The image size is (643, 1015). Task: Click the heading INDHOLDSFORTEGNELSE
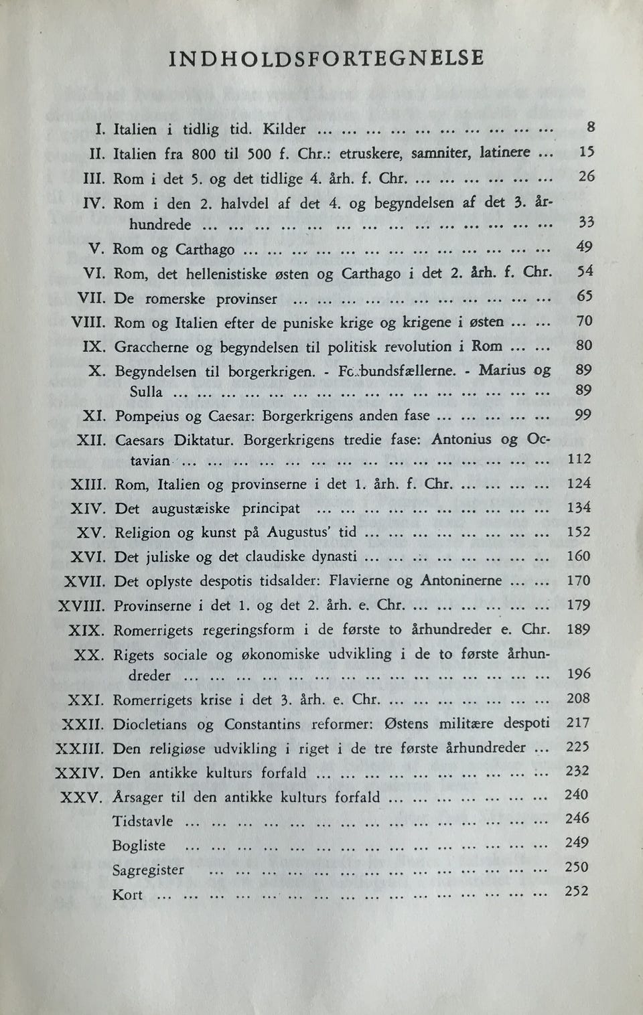click(326, 58)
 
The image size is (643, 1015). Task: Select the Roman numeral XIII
click(86, 484)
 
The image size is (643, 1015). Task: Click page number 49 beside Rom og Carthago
click(583, 248)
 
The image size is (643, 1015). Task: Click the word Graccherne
click(151, 347)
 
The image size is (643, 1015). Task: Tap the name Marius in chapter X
click(502, 370)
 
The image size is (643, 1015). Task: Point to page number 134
click(579, 507)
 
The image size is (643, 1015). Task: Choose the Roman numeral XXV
click(81, 798)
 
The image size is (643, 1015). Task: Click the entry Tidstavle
click(143, 821)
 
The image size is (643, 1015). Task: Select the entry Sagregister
click(148, 870)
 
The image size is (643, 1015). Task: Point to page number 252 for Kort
click(577, 891)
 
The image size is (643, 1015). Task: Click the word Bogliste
click(139, 846)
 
